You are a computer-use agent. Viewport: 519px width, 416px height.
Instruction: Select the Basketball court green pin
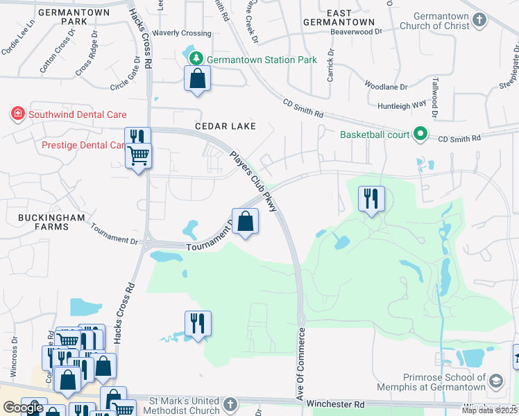[x=419, y=133]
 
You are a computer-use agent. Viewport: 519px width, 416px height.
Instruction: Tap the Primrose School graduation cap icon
[x=497, y=381]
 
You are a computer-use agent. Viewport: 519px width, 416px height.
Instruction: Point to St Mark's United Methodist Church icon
[x=231, y=404]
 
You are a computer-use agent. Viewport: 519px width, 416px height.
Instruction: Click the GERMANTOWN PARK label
[x=64, y=17]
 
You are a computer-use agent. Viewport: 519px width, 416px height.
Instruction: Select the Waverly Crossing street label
[x=182, y=33]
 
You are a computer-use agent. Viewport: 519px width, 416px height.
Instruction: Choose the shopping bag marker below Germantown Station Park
[x=198, y=79]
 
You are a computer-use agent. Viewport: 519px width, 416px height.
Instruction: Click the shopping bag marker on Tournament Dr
[x=246, y=222]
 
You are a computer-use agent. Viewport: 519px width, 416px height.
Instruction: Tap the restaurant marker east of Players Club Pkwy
[x=371, y=199]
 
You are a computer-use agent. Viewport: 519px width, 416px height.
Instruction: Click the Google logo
[x=23, y=407]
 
